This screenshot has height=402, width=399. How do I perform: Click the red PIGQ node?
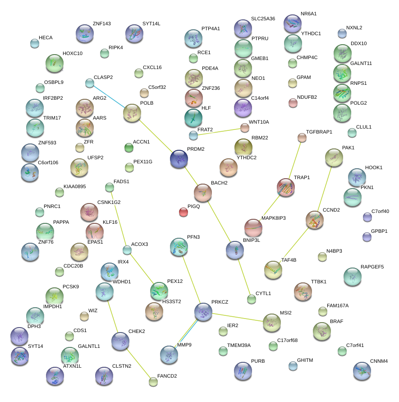click(183, 211)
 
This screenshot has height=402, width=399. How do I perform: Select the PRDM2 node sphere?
click(179, 158)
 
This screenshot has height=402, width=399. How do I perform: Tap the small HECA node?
click(35, 43)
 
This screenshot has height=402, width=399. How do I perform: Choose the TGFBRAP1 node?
click(302, 137)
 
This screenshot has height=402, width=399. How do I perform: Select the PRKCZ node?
click(203, 311)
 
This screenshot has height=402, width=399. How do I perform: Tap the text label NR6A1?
click(309, 14)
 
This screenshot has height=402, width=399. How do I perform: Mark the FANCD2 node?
click(153, 382)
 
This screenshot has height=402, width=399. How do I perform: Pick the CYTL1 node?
click(252, 299)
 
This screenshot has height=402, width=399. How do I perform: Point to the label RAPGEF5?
click(372, 267)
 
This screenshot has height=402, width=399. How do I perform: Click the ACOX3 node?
click(127, 250)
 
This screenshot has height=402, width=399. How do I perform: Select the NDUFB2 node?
click(293, 103)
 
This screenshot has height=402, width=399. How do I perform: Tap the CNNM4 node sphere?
click(362, 370)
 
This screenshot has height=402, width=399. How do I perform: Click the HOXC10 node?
click(55, 63)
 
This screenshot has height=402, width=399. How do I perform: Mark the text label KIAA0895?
click(74, 186)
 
